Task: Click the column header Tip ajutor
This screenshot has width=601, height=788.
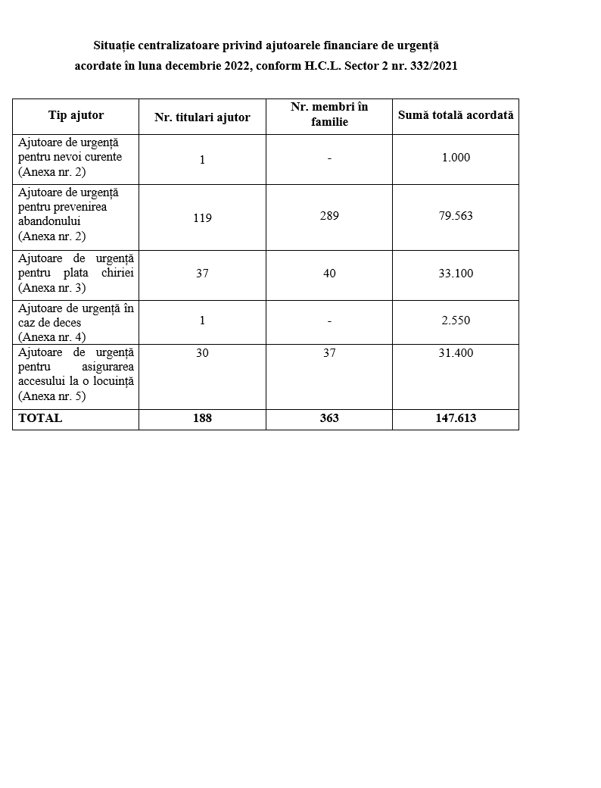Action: point(76,116)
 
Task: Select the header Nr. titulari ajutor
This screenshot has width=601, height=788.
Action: point(202,117)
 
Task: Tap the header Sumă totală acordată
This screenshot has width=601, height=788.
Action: point(456,115)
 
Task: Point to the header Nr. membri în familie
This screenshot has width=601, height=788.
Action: point(329,114)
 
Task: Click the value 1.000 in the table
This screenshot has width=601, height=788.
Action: point(456,158)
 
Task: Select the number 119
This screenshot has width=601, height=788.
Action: point(202,217)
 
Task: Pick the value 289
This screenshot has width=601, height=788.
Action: point(329,216)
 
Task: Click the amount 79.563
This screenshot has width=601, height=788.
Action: point(456,216)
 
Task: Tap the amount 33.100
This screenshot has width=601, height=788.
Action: point(456,273)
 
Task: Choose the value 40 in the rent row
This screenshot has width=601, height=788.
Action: point(329,273)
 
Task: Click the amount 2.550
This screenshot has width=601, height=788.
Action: point(456,320)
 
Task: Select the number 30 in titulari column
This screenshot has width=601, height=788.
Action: point(202,353)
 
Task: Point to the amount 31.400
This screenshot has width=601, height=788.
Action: point(456,353)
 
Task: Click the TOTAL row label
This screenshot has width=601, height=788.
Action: point(40,418)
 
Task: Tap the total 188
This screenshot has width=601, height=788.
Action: point(202,418)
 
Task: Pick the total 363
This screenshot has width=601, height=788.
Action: point(329,418)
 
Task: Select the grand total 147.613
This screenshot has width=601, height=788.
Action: point(456,418)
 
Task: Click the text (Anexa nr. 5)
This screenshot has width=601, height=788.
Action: point(51,396)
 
